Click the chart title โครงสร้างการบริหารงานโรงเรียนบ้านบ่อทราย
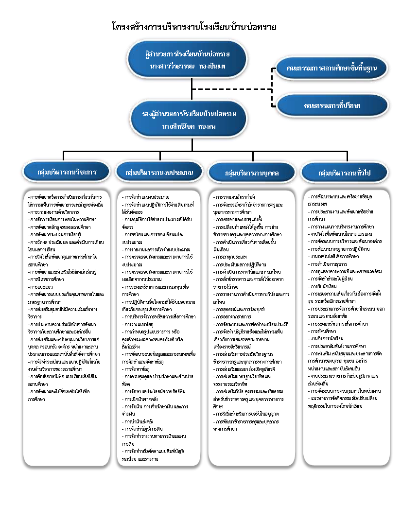click(x=193, y=27)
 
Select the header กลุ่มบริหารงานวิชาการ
click(x=67, y=172)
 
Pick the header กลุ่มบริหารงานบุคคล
click(x=252, y=173)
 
